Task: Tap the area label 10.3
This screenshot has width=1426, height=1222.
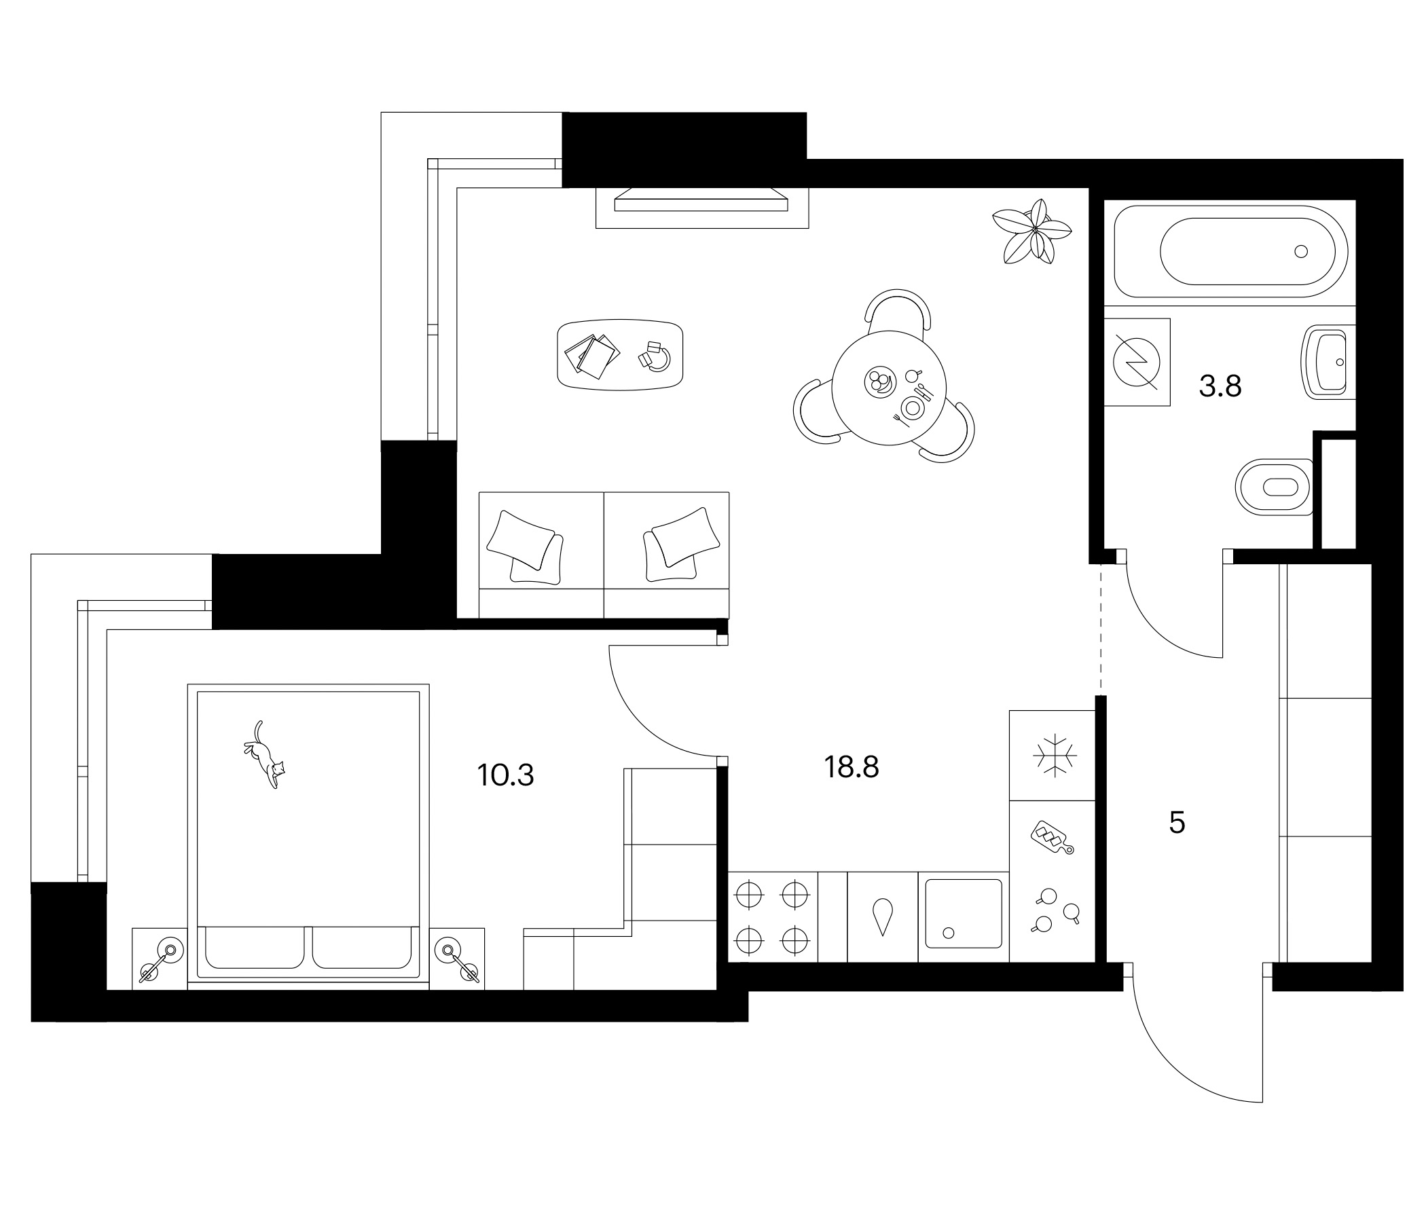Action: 505,775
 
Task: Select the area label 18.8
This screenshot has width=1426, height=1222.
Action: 852,766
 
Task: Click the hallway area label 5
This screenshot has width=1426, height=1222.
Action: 1177,822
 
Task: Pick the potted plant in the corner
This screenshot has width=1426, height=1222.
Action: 1031,232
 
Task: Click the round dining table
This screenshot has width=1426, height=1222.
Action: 888,388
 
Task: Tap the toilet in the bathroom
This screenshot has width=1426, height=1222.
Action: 1275,487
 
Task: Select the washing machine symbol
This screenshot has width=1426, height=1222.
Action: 1136,362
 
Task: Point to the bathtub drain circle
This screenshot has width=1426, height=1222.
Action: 1301,252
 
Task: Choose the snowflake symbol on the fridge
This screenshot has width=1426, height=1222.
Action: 1054,756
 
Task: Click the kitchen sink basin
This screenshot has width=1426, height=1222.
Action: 964,914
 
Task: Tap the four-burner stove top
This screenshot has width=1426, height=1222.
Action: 772,917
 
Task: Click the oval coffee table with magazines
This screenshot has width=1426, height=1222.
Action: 620,355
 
